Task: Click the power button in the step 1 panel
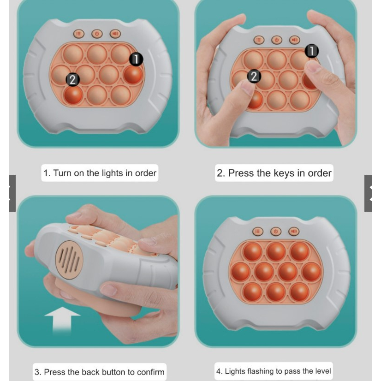pyautogui.click(x=97, y=34)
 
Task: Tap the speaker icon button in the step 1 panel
pyautogui.click(x=115, y=34)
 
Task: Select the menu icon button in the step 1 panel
pyautogui.click(x=79, y=34)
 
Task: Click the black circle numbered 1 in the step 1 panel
pyautogui.click(x=136, y=59)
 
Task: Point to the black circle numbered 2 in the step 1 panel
pyautogui.click(x=73, y=80)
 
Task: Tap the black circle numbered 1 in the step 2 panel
pyautogui.click(x=312, y=51)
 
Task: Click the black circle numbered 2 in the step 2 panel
pyautogui.click(x=254, y=76)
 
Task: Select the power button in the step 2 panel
pyautogui.click(x=277, y=40)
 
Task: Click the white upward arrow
pyautogui.click(x=62, y=320)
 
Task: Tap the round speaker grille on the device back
pyautogui.click(x=69, y=260)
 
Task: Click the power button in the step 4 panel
pyautogui.click(x=276, y=232)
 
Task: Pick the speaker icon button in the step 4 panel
pyautogui.click(x=294, y=232)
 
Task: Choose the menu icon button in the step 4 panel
pyautogui.click(x=258, y=232)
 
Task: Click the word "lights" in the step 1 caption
pyautogui.click(x=112, y=173)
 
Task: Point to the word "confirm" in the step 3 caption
pyautogui.click(x=151, y=372)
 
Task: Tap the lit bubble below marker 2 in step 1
pyautogui.click(x=73, y=95)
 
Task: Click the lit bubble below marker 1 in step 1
pyautogui.click(x=133, y=75)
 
